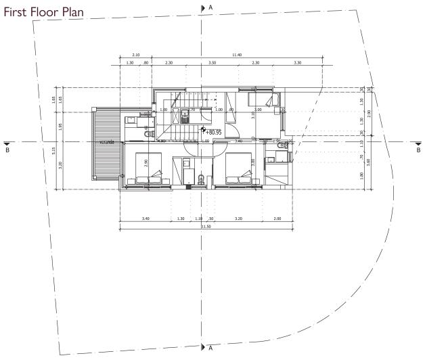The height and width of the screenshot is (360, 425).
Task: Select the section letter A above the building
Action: pyautogui.click(x=210, y=6)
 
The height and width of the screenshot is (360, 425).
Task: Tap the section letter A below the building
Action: pyautogui.click(x=210, y=348)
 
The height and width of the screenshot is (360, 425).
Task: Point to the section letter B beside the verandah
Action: pyautogui.click(x=7, y=150)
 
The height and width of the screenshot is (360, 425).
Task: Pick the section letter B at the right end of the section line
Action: pyautogui.click(x=418, y=150)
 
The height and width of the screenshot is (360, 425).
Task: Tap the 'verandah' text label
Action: pyautogui.click(x=106, y=143)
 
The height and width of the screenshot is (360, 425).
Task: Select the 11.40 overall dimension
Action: pyautogui.click(x=236, y=54)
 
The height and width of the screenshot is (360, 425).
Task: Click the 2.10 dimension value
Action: pyautogui.click(x=135, y=54)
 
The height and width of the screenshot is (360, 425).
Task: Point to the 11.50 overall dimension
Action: pyautogui.click(x=205, y=227)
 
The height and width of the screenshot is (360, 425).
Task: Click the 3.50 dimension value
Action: pyautogui.click(x=212, y=62)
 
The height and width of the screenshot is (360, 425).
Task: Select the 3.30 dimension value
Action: pyautogui.click(x=297, y=62)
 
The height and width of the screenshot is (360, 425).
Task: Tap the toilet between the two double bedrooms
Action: pyautogui.click(x=202, y=179)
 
